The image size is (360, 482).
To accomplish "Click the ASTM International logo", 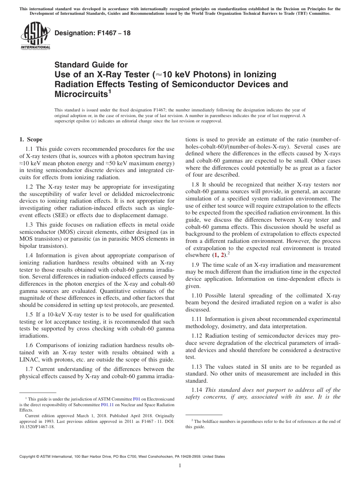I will [35, 36].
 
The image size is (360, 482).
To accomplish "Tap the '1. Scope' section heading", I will [31, 139].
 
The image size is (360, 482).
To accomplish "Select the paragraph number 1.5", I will [30, 315].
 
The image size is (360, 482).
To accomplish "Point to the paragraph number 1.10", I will [197, 296].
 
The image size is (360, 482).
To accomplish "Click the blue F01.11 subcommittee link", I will [108, 404].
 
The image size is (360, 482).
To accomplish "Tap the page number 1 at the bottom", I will [180, 466].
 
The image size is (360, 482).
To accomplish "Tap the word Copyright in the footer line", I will [28, 457].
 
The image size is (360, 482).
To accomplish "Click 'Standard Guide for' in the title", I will [91, 65].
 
